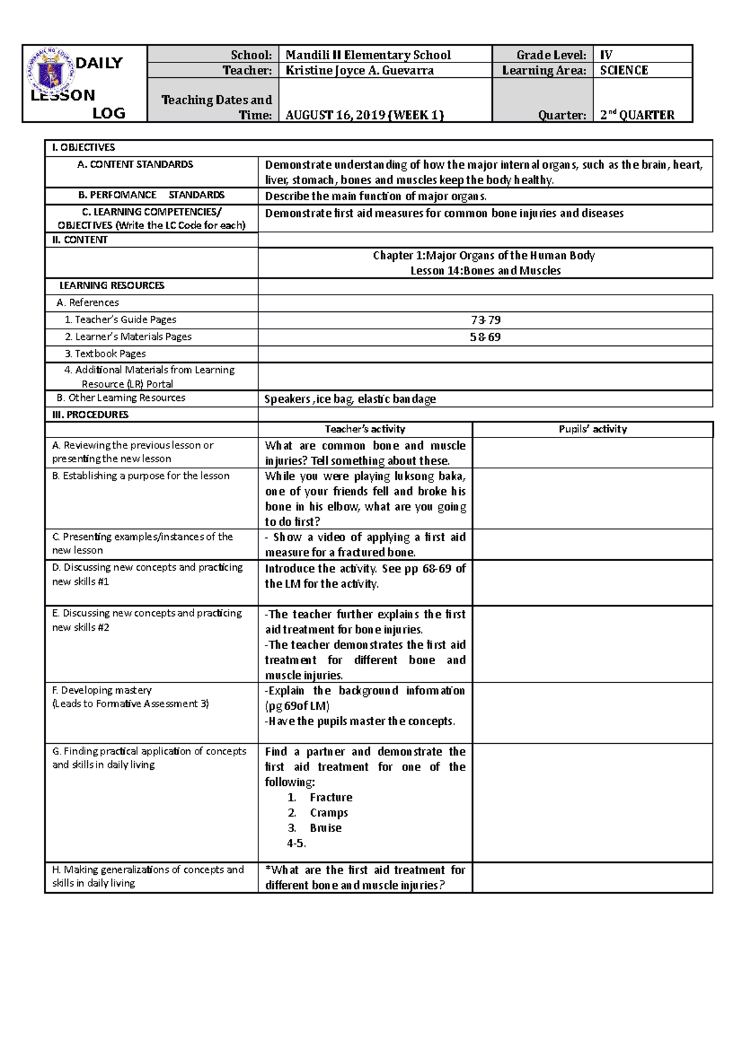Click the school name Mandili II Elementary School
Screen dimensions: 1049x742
(x=368, y=55)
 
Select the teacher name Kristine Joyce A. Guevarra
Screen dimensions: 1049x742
(x=359, y=70)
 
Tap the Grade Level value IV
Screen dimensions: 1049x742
(x=606, y=55)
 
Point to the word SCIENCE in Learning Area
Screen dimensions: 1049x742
(x=624, y=70)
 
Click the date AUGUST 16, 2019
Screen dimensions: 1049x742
(x=337, y=115)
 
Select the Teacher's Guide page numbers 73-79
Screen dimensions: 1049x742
(x=485, y=320)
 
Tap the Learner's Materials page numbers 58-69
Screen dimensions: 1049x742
(x=485, y=337)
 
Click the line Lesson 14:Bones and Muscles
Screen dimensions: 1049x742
(x=485, y=271)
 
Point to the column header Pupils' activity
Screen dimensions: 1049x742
(x=592, y=429)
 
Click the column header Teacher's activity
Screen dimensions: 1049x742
(x=365, y=429)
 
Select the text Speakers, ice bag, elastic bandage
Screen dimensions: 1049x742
(x=350, y=399)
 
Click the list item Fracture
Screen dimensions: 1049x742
(x=331, y=798)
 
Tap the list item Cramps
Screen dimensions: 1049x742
(x=329, y=813)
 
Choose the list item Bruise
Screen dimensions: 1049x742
(x=326, y=828)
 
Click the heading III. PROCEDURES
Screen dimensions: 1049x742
(x=90, y=415)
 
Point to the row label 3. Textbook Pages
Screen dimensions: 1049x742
(x=105, y=354)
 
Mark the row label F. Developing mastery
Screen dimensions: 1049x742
(x=102, y=690)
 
